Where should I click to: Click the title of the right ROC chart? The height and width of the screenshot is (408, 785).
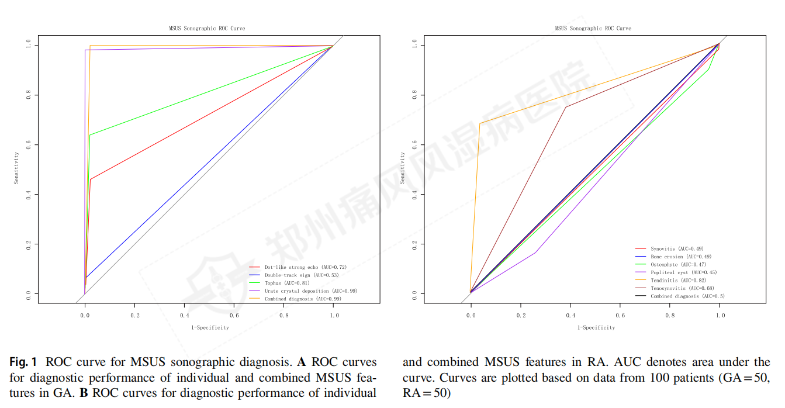(593, 29)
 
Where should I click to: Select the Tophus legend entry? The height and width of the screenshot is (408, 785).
(278, 283)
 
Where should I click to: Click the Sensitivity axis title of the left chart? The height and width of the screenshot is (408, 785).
(17, 168)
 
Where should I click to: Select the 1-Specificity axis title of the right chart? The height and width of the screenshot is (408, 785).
(596, 328)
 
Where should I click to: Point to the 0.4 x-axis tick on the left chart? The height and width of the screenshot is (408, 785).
(184, 315)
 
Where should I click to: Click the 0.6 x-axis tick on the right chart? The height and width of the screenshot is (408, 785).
(620, 315)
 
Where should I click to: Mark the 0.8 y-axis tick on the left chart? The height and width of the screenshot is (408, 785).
(28, 95)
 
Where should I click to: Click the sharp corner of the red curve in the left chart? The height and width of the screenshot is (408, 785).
(91, 179)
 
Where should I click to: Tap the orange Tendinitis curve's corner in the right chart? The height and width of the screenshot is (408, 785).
(480, 123)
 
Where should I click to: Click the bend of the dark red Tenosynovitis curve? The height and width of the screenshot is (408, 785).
(565, 107)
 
